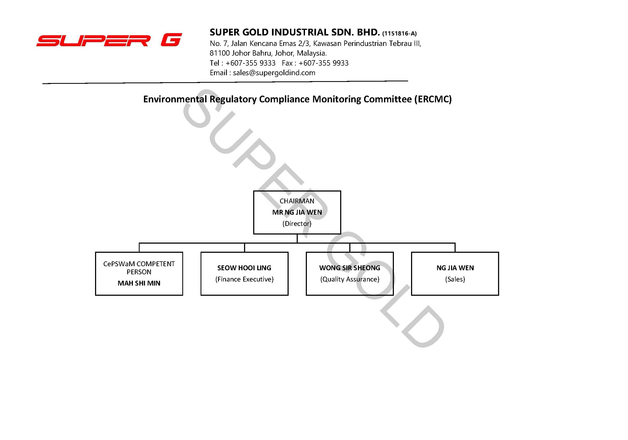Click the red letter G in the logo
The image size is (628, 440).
pos(172,40)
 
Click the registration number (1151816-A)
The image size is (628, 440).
pos(399,34)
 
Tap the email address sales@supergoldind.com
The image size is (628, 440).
pos(274,73)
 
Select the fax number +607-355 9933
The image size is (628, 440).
pos(323,63)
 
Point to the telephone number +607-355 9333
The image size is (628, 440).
pos(250,63)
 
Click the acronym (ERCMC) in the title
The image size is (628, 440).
pos(433,99)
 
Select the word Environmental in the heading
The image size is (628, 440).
pos(175,99)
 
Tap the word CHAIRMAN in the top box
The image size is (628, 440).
pos(297,201)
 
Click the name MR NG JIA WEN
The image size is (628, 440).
pos(297,212)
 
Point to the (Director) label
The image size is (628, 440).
pos(297,224)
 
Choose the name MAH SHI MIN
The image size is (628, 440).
pos(139,283)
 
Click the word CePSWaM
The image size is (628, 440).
pos(119,264)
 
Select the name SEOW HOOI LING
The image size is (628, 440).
pos(244,268)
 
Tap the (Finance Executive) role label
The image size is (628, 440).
pos(244,279)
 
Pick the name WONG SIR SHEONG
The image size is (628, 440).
pos(350,268)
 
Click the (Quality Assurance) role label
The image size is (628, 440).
pos(350,279)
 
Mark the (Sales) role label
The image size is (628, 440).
pos(455,279)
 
